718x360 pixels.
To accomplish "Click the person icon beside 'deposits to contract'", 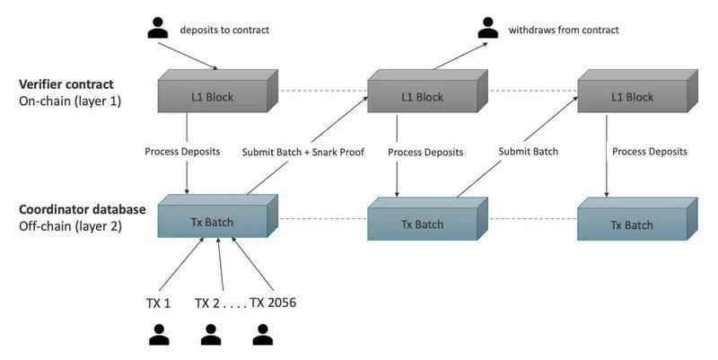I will [x=158, y=28].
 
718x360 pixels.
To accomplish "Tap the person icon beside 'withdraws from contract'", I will [x=487, y=28].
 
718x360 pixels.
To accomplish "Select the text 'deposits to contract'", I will [x=224, y=30].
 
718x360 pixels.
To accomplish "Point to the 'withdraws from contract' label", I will [x=564, y=30].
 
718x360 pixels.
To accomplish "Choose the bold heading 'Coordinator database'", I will [x=82, y=210].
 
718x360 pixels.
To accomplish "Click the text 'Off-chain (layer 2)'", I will [x=69, y=226].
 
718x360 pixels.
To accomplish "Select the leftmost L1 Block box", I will [x=214, y=95].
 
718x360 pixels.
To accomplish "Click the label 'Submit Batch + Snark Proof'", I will [x=302, y=152].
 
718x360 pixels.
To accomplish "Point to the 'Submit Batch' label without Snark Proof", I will [x=528, y=152].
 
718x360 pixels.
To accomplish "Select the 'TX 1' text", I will [x=159, y=303].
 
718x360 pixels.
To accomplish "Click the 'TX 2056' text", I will [x=273, y=303].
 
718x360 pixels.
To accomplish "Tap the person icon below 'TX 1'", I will [x=159, y=335].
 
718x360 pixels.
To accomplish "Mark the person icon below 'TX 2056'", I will [x=262, y=335].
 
